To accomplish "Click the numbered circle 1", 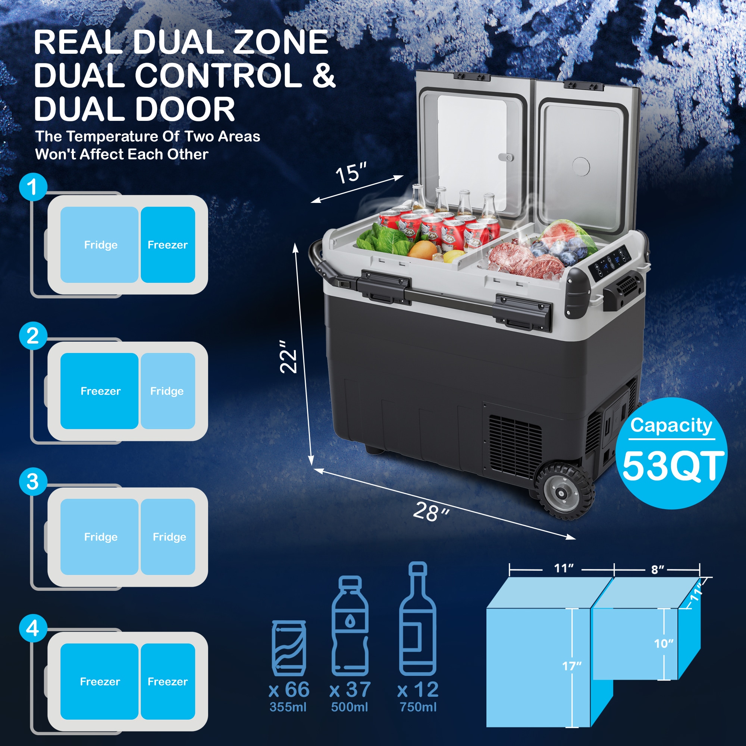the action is pos(33,187).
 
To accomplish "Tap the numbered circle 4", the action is pos(33,628).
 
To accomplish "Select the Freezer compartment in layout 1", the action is pos(167,245).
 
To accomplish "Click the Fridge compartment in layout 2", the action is pos(167,391).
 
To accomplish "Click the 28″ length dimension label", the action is pos(431,512).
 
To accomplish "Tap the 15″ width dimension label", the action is pos(351,173).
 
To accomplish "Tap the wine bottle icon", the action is pos(417,618).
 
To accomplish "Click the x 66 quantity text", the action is pos(289,690).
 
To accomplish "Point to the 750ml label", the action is pos(418,707).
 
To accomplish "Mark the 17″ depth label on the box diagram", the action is pos(572,666).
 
